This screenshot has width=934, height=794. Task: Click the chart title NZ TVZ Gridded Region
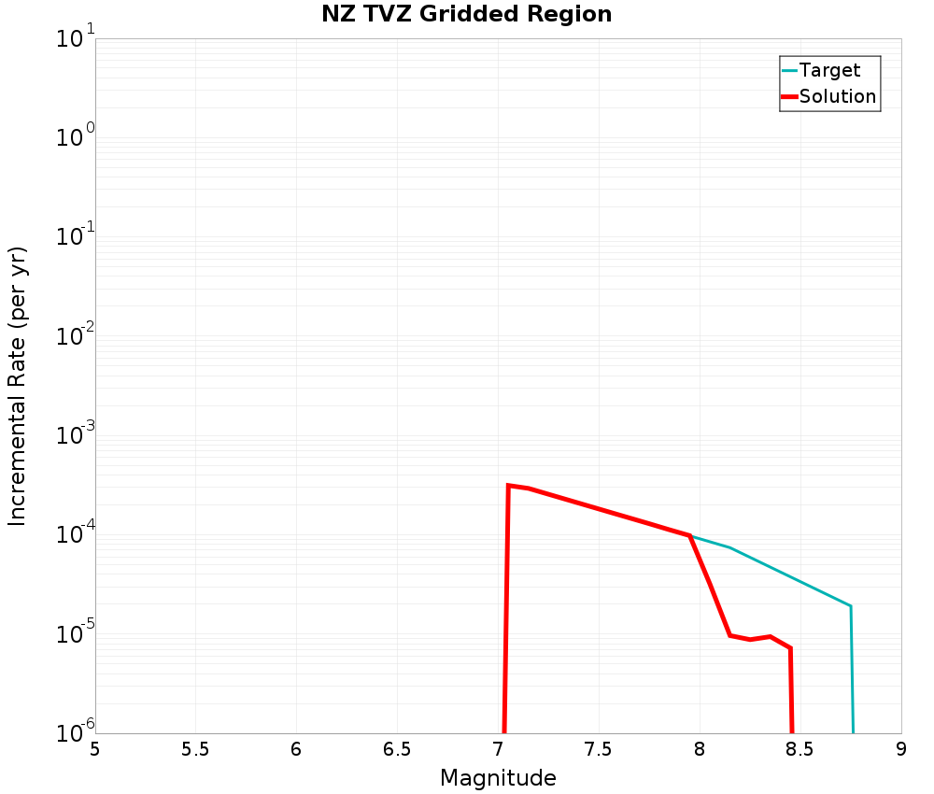466,15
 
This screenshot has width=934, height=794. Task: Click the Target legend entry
829,70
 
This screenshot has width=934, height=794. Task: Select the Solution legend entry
837,96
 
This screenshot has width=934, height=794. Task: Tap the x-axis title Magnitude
498,778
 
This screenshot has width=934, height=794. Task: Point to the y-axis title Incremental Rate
18,386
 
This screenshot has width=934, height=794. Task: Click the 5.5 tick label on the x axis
195,749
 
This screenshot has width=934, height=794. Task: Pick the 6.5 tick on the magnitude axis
397,749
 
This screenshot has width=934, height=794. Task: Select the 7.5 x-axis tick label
599,749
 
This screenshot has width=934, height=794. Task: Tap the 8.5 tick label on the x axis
800,749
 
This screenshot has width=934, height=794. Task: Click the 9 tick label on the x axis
900,749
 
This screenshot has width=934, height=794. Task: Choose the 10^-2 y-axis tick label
71,337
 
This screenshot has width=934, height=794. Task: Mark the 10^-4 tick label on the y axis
71,535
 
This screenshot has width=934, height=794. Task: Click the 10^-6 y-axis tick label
71,731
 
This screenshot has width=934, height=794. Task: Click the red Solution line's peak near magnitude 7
508,485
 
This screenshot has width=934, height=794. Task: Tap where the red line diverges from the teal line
689,535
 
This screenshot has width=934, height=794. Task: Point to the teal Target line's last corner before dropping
850,606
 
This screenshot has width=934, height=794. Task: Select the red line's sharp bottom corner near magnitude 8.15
729,635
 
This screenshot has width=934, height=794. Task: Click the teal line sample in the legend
789,70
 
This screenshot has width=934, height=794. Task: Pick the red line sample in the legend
789,96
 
